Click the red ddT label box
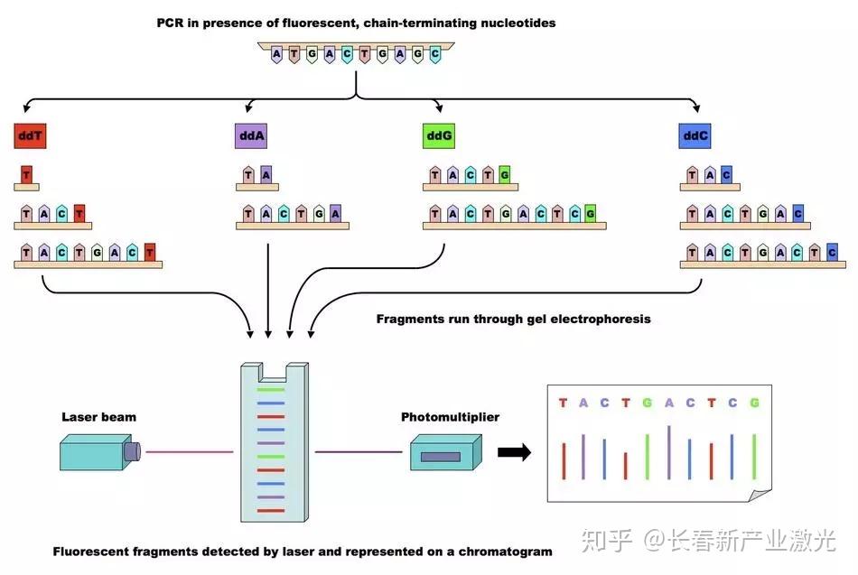[29, 137]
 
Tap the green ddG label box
[439, 137]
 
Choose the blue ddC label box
[695, 137]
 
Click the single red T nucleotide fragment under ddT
[26, 174]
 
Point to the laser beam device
[98, 450]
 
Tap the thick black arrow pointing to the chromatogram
[514, 452]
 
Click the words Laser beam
[98, 417]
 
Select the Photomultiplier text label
[450, 417]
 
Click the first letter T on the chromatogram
[564, 403]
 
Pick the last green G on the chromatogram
[754, 403]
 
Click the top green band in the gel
[270, 389]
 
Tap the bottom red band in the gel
[270, 511]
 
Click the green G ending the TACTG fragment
[504, 175]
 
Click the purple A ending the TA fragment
[266, 175]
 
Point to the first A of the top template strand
[277, 54]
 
